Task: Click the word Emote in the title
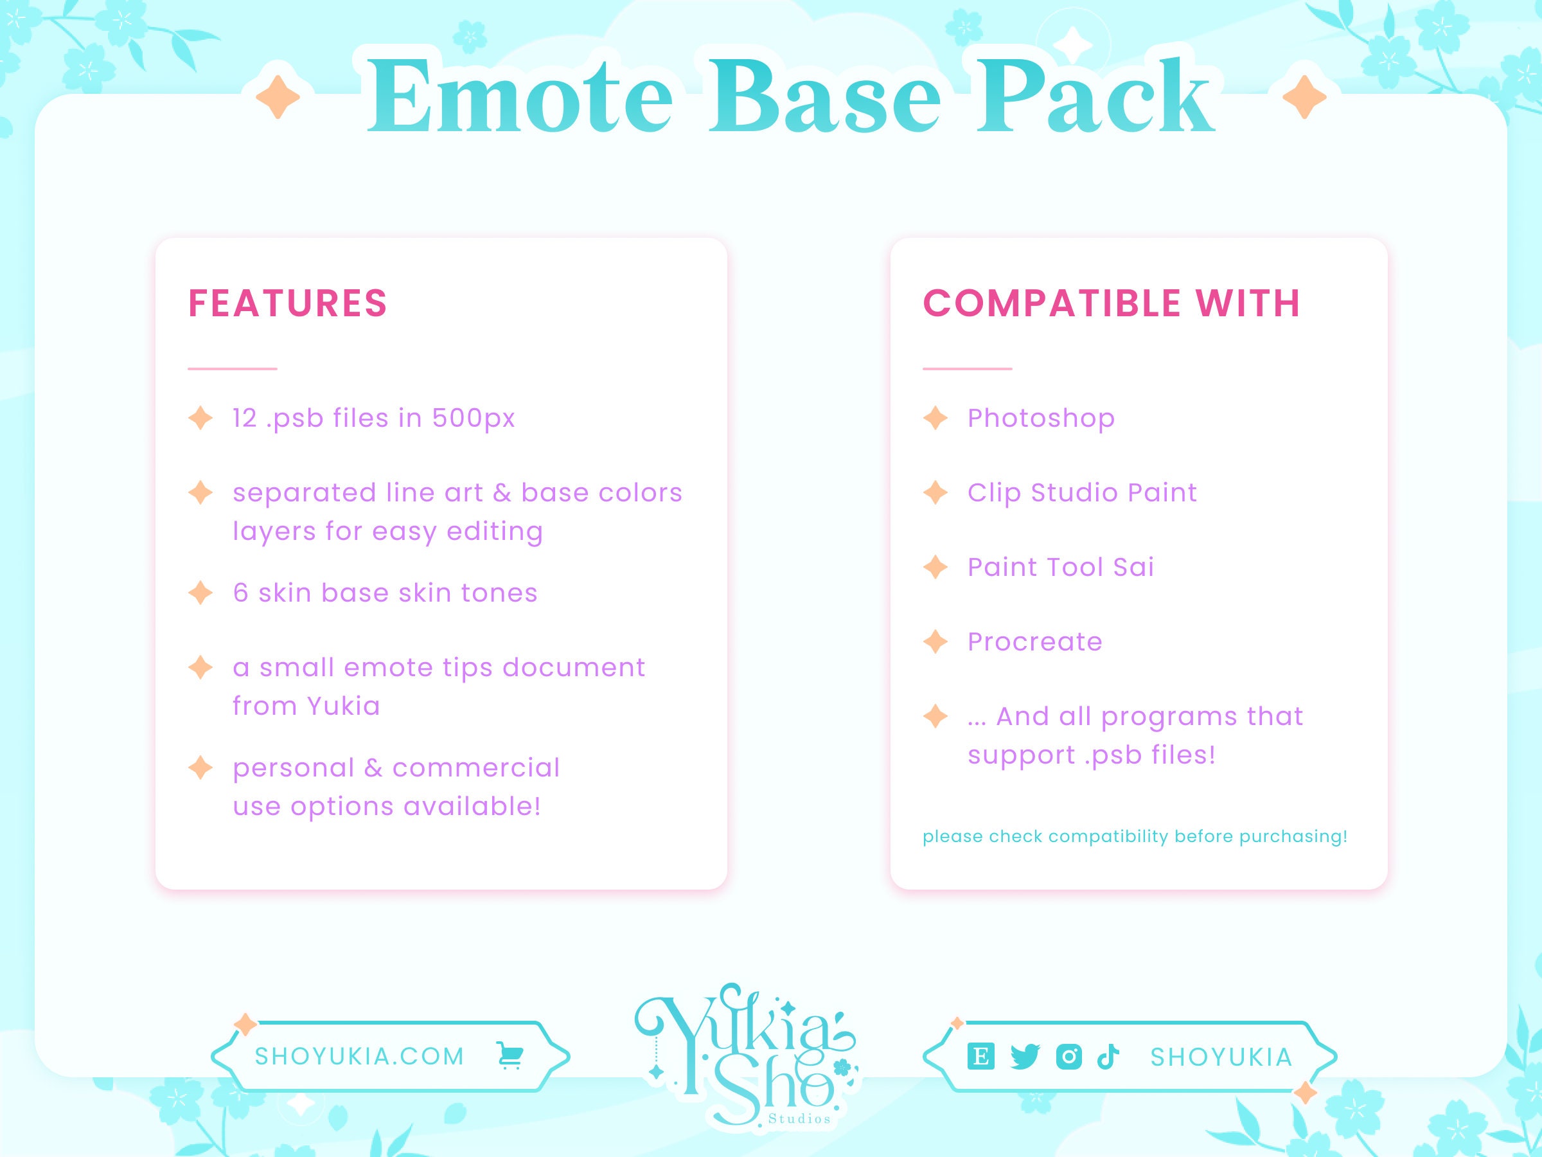click(519, 98)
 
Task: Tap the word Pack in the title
click(1094, 98)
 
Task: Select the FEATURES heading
click(287, 303)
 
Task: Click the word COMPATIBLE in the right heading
click(1052, 303)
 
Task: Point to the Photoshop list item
click(1041, 418)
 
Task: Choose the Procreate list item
click(1034, 641)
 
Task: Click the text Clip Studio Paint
click(1082, 493)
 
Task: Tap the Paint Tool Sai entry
click(1060, 568)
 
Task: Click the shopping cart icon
click(510, 1056)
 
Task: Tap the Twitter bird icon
click(1025, 1057)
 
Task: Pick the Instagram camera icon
click(1068, 1057)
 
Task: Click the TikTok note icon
click(1108, 1057)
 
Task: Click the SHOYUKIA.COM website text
click(360, 1057)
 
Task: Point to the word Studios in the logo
click(799, 1119)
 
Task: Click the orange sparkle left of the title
click(278, 98)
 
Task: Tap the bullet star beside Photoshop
click(935, 418)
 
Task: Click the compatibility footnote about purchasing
click(1135, 836)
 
